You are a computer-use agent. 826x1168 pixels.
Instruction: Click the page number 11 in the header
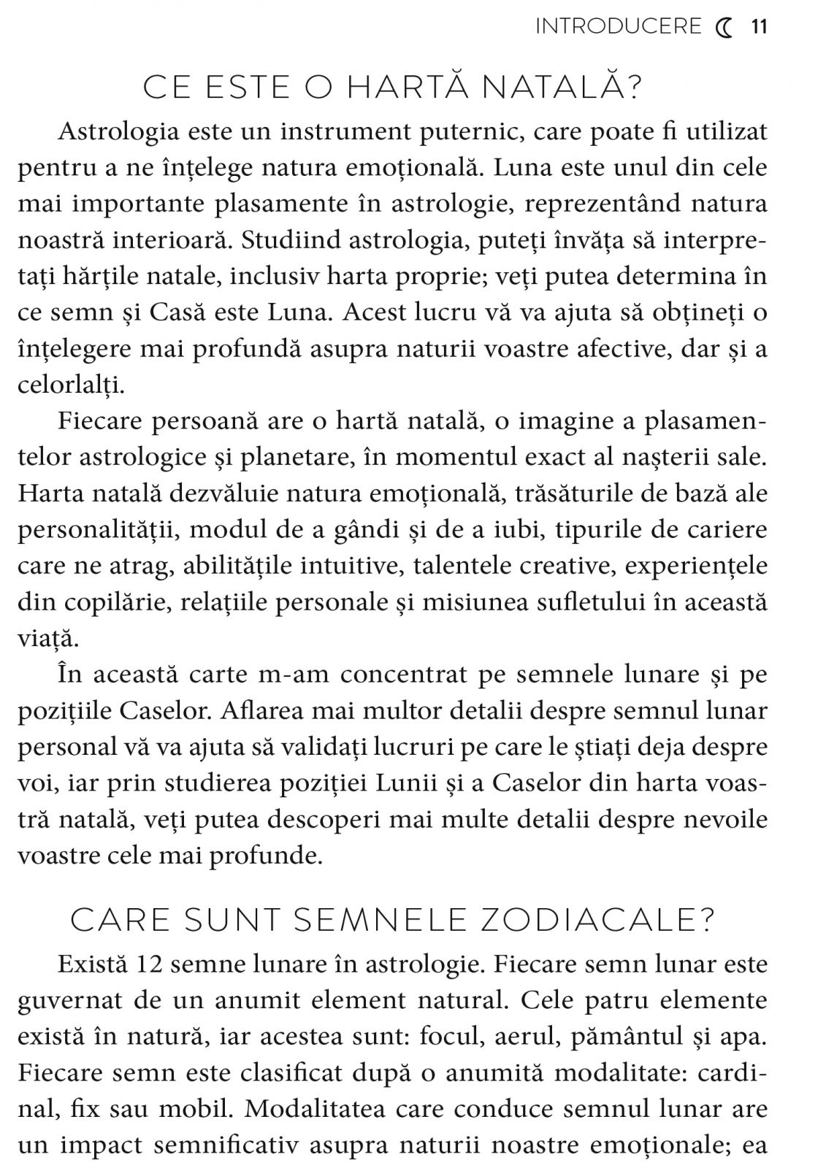pyautogui.click(x=760, y=27)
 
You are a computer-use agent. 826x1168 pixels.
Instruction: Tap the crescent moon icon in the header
pyautogui.click(x=724, y=28)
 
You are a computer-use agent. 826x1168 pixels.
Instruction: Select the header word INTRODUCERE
pyautogui.click(x=618, y=27)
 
